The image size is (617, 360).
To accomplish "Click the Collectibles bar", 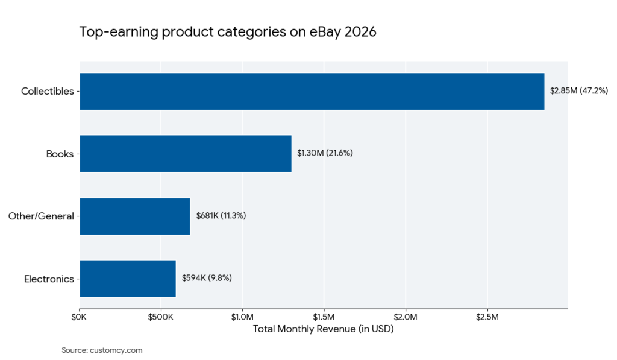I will (x=312, y=92).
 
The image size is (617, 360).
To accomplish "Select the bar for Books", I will (x=185, y=154).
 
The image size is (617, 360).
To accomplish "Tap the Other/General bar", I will (x=134, y=216).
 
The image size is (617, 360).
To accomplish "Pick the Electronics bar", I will (x=127, y=279).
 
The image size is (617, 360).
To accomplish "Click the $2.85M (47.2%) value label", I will (x=579, y=91).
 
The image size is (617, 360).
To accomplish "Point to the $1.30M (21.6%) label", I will (x=325, y=153).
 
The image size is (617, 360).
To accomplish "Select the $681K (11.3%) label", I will (x=221, y=215).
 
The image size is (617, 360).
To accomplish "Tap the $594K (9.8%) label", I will (x=207, y=278).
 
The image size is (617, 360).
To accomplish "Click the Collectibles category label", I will (x=47, y=92).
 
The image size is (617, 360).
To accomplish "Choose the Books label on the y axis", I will (x=60, y=154).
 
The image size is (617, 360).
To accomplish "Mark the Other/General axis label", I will (x=41, y=216).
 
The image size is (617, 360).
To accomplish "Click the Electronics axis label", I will (x=49, y=279).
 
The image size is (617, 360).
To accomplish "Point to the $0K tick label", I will (x=80, y=317).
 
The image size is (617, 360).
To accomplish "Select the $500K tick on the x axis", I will (x=161, y=317).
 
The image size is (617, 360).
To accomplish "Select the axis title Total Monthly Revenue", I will (x=323, y=329).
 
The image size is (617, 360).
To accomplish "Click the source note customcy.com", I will (x=102, y=350).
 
